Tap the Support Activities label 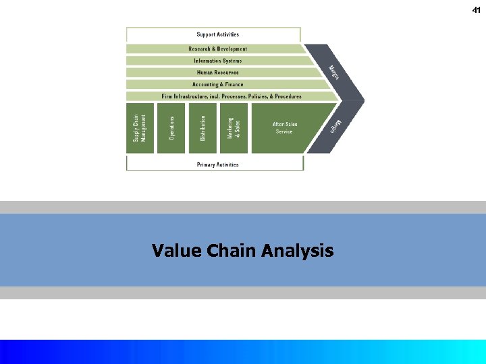217,34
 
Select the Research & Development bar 217,49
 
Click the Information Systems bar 217,61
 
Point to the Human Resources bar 217,73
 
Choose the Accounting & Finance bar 217,84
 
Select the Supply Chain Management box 140,127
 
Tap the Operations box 171,127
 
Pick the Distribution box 202,127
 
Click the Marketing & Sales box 234,127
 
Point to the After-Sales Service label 284,127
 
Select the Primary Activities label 217,164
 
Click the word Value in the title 173,251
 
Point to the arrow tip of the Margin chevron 363,101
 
